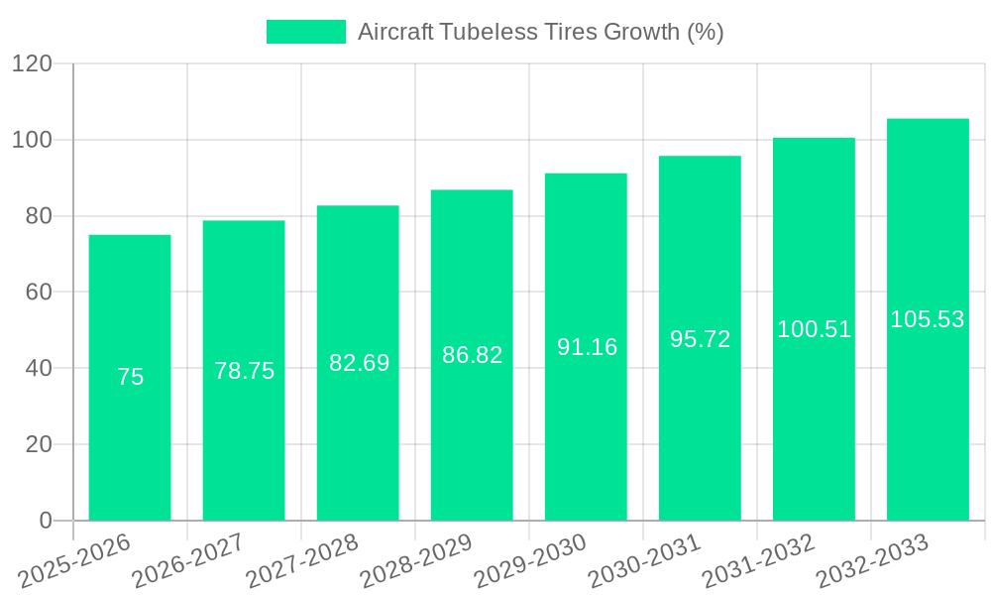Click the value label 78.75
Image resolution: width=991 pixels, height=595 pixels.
(245, 371)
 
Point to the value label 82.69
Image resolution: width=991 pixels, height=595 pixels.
(359, 363)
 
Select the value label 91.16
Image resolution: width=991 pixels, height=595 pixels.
(587, 347)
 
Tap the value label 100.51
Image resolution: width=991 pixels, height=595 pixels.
(814, 329)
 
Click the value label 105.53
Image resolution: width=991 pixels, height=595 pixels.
(928, 319)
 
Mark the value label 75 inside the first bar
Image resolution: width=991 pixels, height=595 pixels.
(130, 377)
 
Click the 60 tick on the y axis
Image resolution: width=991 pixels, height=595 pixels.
(39, 293)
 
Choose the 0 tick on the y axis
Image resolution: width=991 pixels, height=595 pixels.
(45, 521)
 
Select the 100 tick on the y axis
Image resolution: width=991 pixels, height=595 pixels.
(32, 140)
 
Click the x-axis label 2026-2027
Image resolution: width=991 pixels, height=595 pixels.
(188, 561)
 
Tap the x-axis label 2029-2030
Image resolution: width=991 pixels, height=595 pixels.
(530, 561)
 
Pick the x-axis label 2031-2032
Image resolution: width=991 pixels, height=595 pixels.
(758, 561)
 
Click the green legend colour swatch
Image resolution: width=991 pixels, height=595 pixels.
(306, 32)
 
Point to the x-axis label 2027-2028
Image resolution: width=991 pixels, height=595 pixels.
(302, 561)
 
